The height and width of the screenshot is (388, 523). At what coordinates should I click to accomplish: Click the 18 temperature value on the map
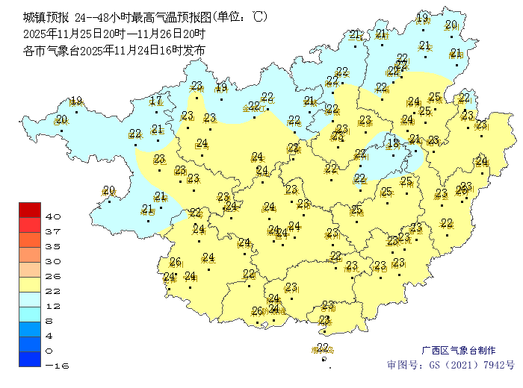click(x=393, y=143)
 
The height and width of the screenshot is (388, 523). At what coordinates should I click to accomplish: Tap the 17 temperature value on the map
click(x=155, y=101)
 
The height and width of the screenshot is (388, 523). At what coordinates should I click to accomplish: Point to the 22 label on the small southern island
click(x=323, y=347)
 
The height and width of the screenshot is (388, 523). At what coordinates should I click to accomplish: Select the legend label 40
click(x=52, y=216)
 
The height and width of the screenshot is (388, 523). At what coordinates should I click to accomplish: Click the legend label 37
click(x=52, y=231)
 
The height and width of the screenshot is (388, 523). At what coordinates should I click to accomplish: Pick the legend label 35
click(x=52, y=246)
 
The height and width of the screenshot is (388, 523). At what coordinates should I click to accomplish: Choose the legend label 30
click(x=52, y=261)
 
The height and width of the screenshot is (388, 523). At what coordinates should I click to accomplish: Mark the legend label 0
click(x=49, y=351)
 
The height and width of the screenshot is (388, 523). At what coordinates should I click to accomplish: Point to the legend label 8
click(x=49, y=321)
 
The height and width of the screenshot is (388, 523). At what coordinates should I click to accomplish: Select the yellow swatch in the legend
click(x=29, y=284)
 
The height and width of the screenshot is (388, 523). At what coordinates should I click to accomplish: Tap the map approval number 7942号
click(x=499, y=366)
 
